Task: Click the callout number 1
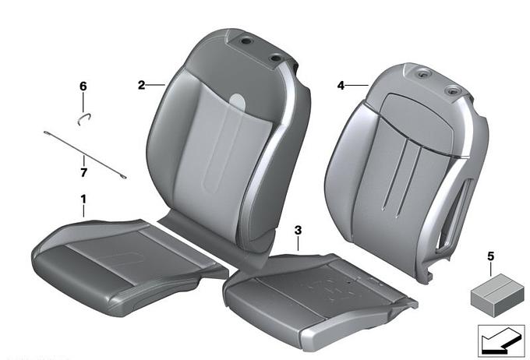[x=83, y=199]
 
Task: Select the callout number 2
[x=141, y=85]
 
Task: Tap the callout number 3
[x=298, y=231]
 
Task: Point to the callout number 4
[x=341, y=86]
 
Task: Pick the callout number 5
[x=491, y=256]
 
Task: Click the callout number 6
[x=83, y=86]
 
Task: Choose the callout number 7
[x=83, y=172]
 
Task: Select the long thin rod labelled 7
[x=85, y=154]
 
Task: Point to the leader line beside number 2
[x=155, y=84]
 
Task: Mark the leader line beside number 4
[x=357, y=86]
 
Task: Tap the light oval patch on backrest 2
[x=237, y=100]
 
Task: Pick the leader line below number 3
[x=298, y=243]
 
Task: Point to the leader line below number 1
[x=83, y=211]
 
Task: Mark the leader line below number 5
[x=491, y=270]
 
